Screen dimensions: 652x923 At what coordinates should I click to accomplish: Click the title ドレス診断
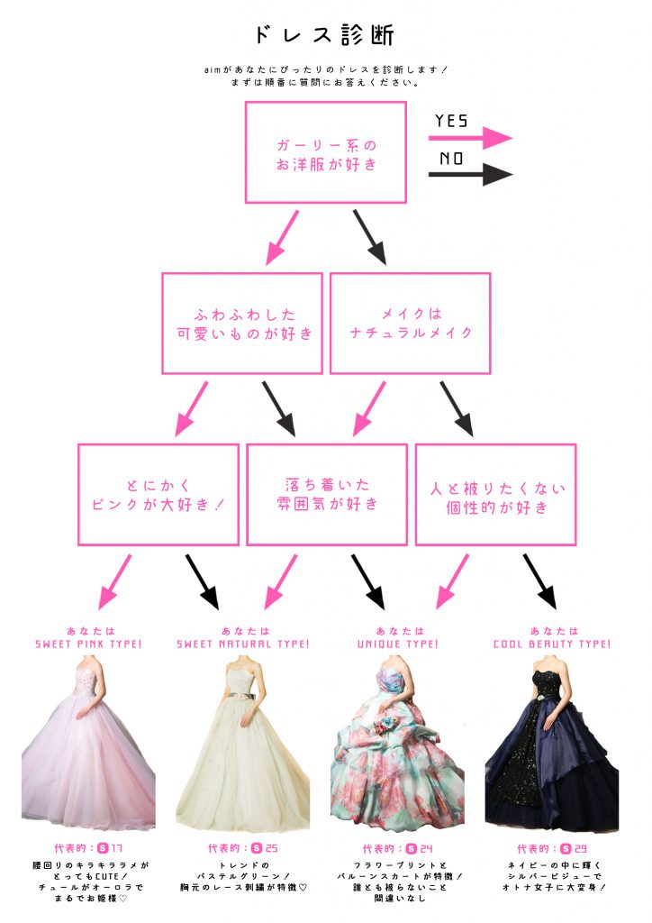[324, 35]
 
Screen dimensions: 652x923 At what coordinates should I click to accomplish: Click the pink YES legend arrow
[470, 138]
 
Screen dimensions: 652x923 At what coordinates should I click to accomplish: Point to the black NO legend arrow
[470, 174]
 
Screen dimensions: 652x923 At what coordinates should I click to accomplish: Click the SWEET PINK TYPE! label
[89, 644]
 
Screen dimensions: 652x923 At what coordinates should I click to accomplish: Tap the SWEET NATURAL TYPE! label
[243, 644]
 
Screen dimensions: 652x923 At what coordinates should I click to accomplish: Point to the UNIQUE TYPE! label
[398, 644]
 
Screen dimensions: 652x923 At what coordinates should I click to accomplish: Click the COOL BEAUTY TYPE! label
[552, 644]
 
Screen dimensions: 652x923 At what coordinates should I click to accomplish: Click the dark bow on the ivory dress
[243, 697]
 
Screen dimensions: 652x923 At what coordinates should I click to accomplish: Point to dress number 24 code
[420, 848]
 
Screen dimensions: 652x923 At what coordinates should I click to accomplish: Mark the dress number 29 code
[574, 848]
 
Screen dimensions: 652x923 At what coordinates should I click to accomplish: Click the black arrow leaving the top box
[370, 238]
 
